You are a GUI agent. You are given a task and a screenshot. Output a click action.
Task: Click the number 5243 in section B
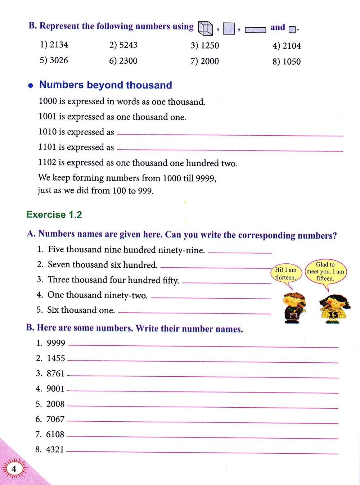click(128, 45)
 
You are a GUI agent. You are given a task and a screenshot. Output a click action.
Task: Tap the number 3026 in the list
click(59, 60)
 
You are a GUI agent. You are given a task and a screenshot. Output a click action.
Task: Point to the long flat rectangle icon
click(255, 30)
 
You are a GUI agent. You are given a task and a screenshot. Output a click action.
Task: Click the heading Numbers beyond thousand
click(105, 85)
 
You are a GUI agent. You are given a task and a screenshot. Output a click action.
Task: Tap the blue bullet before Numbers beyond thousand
click(31, 86)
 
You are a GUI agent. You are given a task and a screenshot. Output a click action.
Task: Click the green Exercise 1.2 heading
click(54, 215)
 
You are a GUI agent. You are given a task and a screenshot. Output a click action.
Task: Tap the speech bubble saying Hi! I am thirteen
click(286, 274)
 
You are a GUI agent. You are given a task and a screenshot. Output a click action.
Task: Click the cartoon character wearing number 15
click(334, 308)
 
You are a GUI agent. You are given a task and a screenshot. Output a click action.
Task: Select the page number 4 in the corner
click(14, 469)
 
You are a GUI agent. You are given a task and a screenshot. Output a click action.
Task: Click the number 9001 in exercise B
click(55, 389)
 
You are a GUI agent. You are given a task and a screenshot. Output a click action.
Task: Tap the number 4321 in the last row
click(55, 450)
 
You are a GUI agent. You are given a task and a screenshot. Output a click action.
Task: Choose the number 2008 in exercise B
click(55, 404)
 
